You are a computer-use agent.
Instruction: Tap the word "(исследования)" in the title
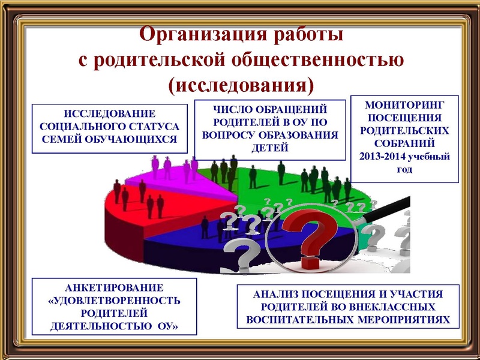click(x=241, y=85)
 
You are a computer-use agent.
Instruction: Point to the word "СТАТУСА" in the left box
click(x=154, y=127)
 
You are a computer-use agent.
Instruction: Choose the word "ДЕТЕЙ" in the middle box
click(x=271, y=148)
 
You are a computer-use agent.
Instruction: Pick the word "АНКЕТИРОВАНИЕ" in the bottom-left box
click(x=114, y=287)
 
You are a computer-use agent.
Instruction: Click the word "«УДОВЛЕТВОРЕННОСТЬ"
click(x=114, y=300)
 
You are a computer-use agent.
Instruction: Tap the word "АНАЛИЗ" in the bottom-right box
click(x=277, y=295)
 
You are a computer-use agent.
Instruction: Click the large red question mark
click(x=310, y=237)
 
